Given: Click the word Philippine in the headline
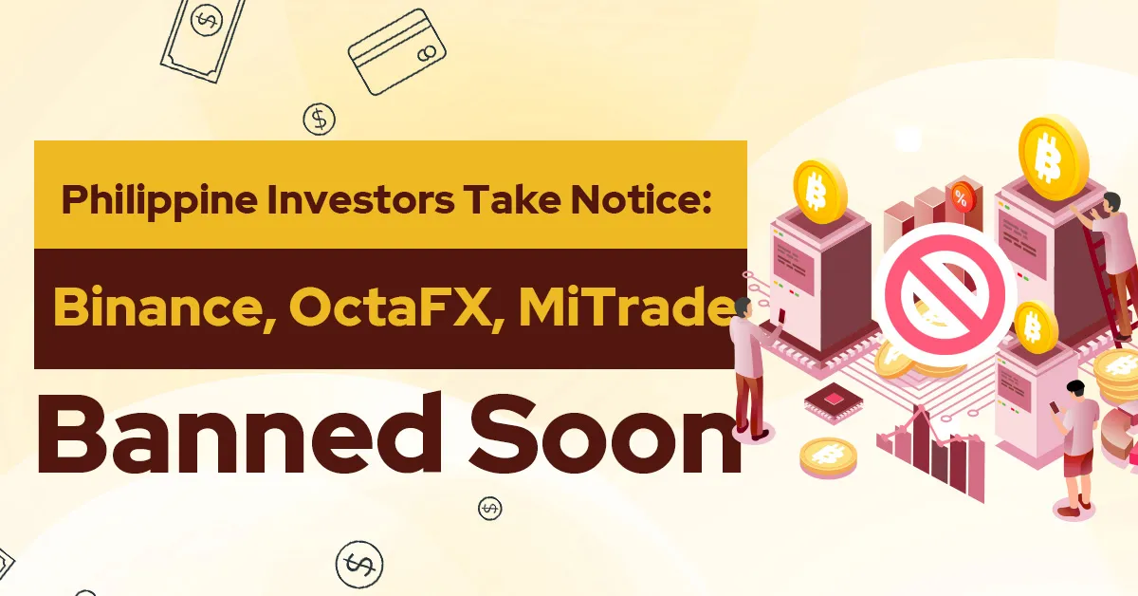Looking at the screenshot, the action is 159,201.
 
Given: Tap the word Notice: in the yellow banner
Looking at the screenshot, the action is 640,200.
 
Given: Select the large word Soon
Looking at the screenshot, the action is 605,435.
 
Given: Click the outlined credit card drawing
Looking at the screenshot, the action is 396,52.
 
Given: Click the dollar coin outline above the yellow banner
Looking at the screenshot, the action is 319,119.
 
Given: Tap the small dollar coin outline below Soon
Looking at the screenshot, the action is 489,508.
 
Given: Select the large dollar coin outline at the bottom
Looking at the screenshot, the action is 359,564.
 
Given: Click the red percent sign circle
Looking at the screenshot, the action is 960,197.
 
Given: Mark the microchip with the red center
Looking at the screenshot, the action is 834,402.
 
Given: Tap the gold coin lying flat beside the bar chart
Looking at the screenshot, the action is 828,457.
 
